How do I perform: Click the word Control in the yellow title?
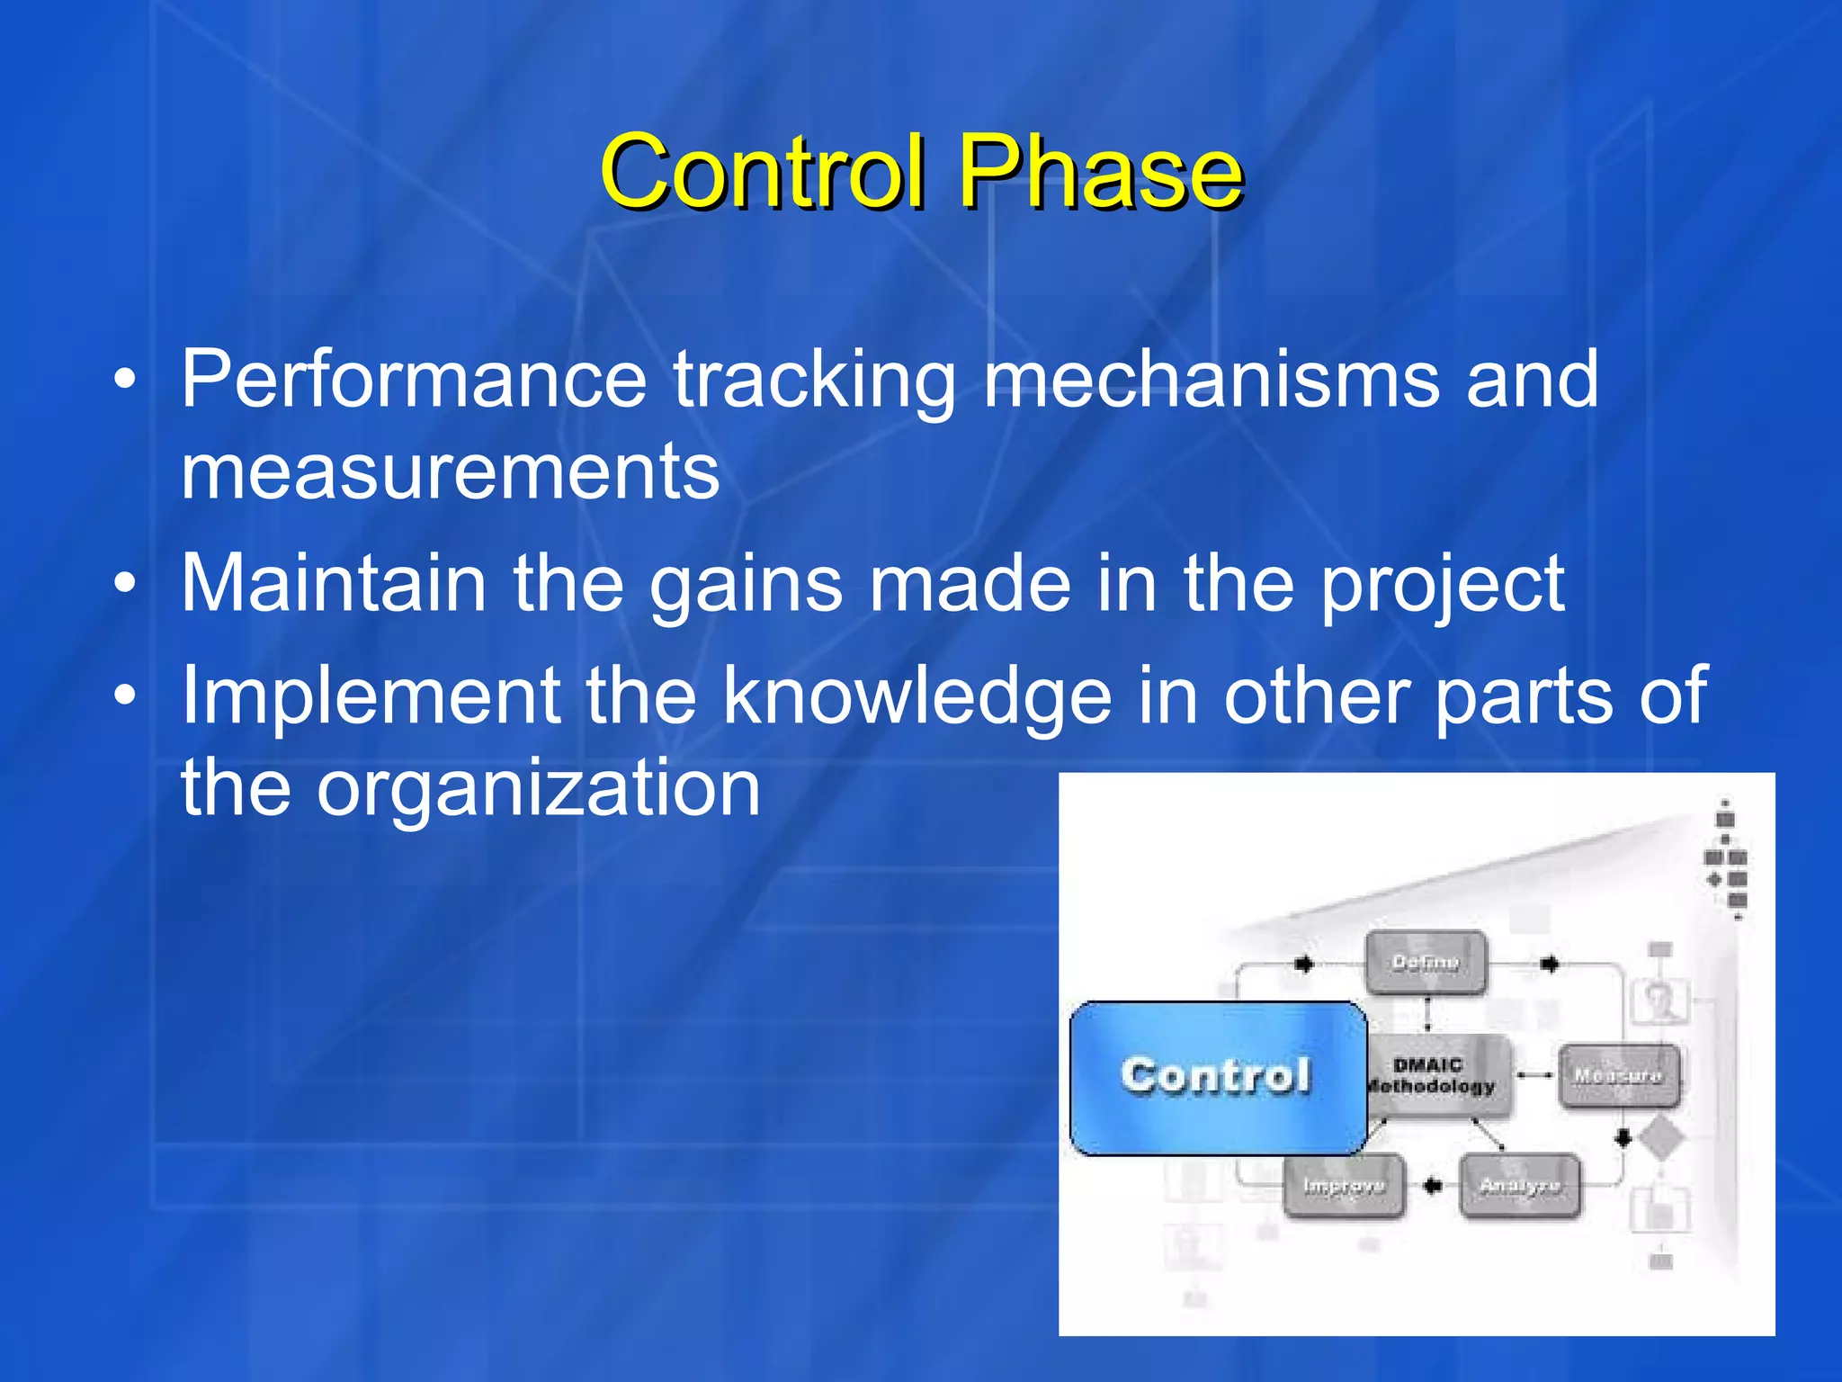(763, 171)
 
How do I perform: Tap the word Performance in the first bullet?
(414, 380)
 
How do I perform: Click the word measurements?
(450, 472)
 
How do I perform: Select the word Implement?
(371, 696)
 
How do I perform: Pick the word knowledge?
(917, 698)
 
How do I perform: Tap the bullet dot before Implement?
(126, 695)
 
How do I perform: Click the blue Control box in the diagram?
(1216, 1077)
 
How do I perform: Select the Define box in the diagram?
(1426, 963)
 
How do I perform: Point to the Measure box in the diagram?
(1617, 1076)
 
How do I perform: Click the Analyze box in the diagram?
(1519, 1186)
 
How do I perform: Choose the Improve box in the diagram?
(1344, 1187)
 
